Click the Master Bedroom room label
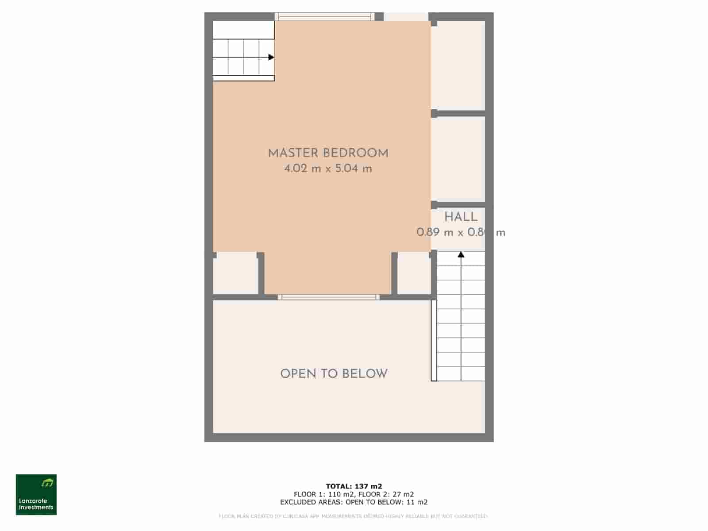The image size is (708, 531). pyautogui.click(x=328, y=154)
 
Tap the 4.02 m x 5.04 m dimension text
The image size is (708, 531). pyautogui.click(x=328, y=169)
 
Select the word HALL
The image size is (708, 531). pyautogui.click(x=461, y=217)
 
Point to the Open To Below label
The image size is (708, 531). pyautogui.click(x=334, y=374)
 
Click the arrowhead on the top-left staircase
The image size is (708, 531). pyautogui.click(x=271, y=57)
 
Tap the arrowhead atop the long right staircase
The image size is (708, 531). pyautogui.click(x=461, y=254)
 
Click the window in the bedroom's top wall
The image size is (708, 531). pyautogui.click(x=324, y=17)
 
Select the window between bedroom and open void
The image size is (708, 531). pyautogui.click(x=328, y=297)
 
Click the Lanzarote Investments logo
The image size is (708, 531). pyautogui.click(x=36, y=495)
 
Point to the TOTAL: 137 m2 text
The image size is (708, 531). pyautogui.click(x=354, y=486)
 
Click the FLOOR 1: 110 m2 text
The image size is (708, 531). pyautogui.click(x=324, y=494)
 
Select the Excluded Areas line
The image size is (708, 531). pyautogui.click(x=354, y=502)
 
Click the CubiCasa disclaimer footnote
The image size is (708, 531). pyautogui.click(x=354, y=516)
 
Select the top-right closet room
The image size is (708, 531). pyautogui.click(x=458, y=65)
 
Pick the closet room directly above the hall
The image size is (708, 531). pyautogui.click(x=458, y=159)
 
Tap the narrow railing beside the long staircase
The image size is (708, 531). pyautogui.click(x=434, y=341)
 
